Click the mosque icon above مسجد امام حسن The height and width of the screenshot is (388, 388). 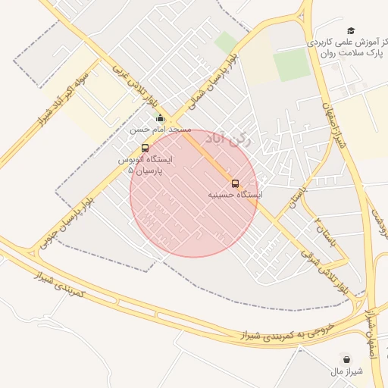coord(159,117)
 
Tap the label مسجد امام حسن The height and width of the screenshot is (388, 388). coord(159,130)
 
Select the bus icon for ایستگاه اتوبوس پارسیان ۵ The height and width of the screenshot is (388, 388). coord(145,148)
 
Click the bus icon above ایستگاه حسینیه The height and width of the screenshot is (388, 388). coord(235,183)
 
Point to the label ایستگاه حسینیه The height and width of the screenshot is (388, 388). coord(236,196)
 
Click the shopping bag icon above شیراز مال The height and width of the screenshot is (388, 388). coord(347,359)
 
